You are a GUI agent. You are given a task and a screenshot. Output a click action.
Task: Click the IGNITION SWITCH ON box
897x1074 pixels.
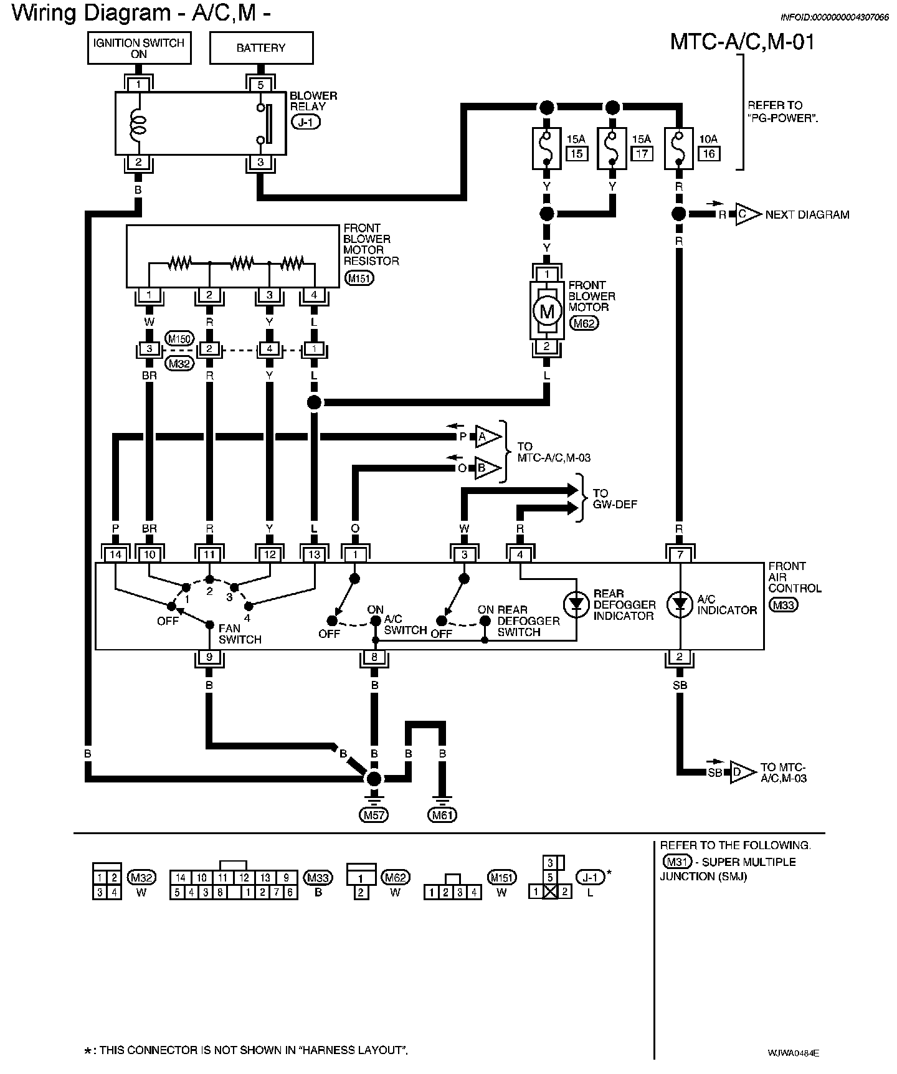(x=139, y=48)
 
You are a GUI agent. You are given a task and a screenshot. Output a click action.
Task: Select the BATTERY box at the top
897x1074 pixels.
(x=261, y=48)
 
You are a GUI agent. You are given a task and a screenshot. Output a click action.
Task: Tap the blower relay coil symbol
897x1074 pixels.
(x=138, y=125)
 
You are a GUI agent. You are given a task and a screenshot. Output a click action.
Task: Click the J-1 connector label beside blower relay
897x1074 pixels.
(x=305, y=122)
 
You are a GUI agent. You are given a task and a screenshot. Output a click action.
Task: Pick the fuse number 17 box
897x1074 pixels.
(x=642, y=153)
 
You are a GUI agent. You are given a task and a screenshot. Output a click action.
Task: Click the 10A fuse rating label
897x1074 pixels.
(x=708, y=140)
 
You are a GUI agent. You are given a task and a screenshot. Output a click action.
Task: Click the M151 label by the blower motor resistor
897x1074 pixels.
(x=359, y=278)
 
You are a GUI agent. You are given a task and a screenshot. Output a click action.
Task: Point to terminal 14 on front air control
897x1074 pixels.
(x=115, y=554)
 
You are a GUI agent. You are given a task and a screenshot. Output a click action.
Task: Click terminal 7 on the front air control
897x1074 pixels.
(x=680, y=554)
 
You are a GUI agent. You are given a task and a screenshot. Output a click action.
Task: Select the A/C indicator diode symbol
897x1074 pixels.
(x=680, y=604)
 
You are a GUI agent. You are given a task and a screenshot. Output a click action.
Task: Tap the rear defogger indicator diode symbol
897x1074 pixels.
(x=576, y=604)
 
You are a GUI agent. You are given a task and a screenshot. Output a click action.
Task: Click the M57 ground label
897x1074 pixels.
(x=373, y=814)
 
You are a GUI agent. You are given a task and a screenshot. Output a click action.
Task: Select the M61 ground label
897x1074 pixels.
(x=442, y=814)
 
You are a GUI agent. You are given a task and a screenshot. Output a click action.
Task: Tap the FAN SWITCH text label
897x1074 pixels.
(x=240, y=634)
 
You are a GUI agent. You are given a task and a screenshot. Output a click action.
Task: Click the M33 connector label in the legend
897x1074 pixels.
(x=318, y=878)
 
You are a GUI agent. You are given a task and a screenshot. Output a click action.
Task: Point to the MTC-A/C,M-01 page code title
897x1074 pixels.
(x=742, y=42)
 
